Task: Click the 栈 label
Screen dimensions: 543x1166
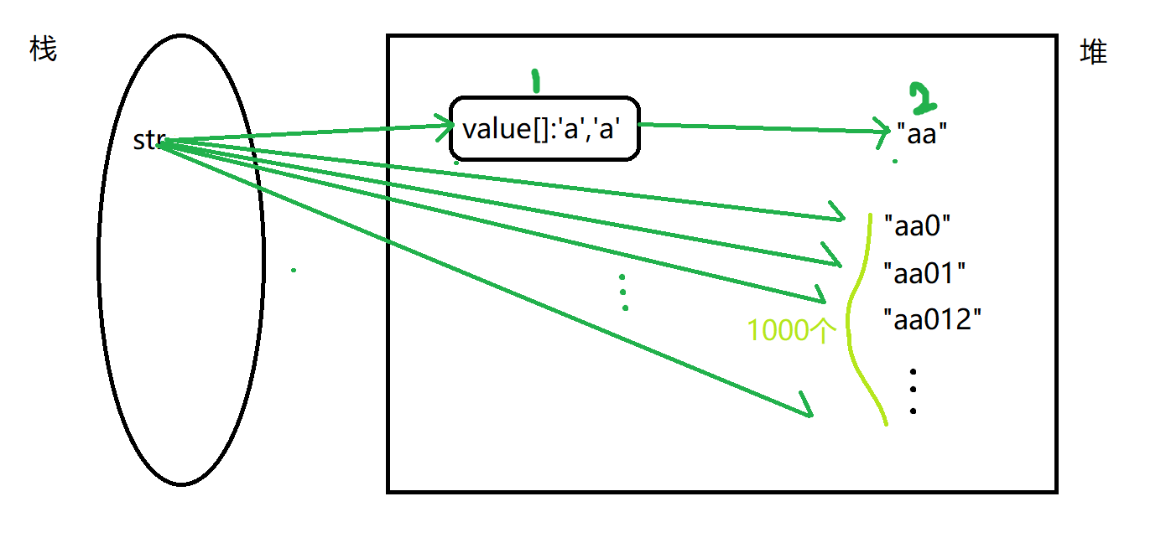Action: [x=43, y=49]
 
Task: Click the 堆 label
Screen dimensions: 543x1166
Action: [x=1094, y=53]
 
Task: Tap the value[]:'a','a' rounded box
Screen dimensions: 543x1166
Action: [x=545, y=128]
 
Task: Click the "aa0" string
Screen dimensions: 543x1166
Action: [x=917, y=225]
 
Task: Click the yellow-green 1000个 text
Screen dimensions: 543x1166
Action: [x=792, y=331]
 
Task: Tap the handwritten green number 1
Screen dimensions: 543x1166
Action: [x=535, y=81]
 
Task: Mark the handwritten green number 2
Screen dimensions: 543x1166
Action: [x=923, y=98]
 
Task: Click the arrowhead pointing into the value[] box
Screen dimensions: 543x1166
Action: [x=445, y=127]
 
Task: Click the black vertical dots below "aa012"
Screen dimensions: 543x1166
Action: [x=913, y=390]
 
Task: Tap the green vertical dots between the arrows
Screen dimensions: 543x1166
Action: [x=623, y=292]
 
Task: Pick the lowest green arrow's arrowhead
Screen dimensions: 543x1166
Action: [x=806, y=406]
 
